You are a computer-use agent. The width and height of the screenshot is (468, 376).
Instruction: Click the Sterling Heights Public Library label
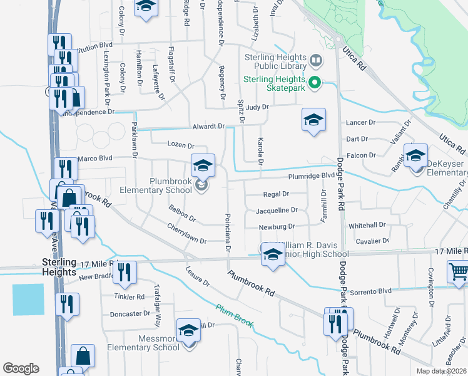[x=275, y=62]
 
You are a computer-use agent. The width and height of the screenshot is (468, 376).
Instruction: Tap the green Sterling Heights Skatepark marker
[x=315, y=82]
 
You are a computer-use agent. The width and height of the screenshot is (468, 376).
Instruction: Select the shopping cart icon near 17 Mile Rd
[x=459, y=272]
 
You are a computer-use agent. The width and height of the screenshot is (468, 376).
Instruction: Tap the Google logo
[x=21, y=368]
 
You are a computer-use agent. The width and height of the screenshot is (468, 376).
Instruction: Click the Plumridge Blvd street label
[x=312, y=177]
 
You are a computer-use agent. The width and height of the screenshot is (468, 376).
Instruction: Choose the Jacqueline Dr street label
[x=277, y=210]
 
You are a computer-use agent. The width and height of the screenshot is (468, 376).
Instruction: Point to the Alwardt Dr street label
[x=208, y=126]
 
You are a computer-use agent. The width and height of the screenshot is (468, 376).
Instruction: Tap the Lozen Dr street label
[x=181, y=145]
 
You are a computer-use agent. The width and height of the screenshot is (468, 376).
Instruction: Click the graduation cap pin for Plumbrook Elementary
[x=203, y=166]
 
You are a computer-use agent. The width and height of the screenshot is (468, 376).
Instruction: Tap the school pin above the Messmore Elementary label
[x=188, y=330]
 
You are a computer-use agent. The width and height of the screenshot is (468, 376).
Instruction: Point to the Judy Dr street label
[x=257, y=107]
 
